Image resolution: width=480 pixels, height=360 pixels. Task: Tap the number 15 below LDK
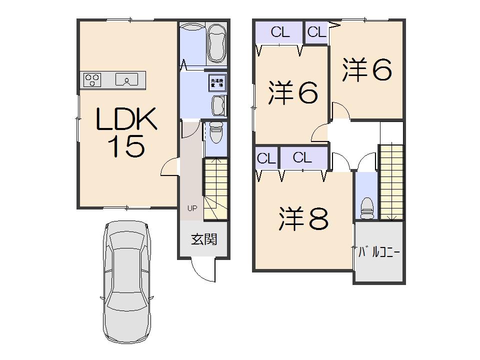(x=126, y=146)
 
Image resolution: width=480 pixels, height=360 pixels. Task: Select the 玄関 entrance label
(x=204, y=239)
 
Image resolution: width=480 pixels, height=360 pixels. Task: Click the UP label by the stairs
(x=192, y=208)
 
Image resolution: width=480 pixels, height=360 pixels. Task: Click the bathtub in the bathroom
(x=217, y=43)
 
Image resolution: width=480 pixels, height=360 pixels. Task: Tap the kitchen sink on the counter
(x=127, y=79)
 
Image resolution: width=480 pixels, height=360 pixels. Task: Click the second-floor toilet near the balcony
(x=367, y=206)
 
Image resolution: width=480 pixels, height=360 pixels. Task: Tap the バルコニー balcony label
(x=379, y=252)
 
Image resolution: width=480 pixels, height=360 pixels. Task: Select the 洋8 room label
(x=303, y=218)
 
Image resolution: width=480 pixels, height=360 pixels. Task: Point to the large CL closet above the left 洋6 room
(x=279, y=32)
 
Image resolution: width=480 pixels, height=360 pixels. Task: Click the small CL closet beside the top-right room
(x=316, y=32)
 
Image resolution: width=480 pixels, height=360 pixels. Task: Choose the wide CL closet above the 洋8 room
(x=302, y=158)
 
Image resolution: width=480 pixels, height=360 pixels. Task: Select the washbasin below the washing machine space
(x=218, y=105)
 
